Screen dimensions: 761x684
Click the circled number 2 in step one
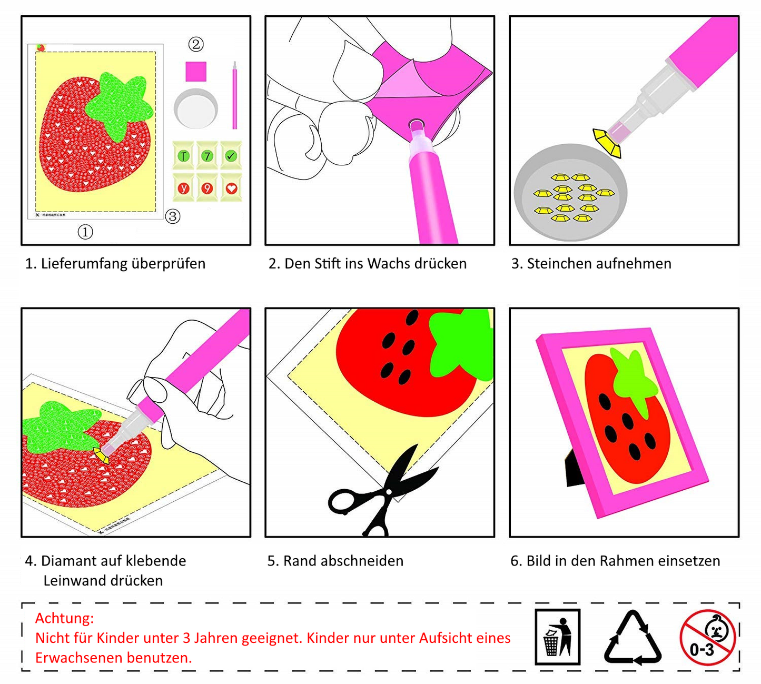(196, 44)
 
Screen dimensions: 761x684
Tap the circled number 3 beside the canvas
(173, 216)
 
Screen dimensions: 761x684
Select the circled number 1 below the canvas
(85, 232)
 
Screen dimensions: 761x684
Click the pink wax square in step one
(196, 72)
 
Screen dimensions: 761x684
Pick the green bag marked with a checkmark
(231, 155)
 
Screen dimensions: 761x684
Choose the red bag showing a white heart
(231, 188)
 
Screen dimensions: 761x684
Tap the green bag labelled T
(184, 155)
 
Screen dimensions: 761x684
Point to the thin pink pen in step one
(235, 96)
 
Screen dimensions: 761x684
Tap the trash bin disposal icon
(557, 637)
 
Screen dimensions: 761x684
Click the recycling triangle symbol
(632, 639)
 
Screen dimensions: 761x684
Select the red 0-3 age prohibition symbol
(707, 637)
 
